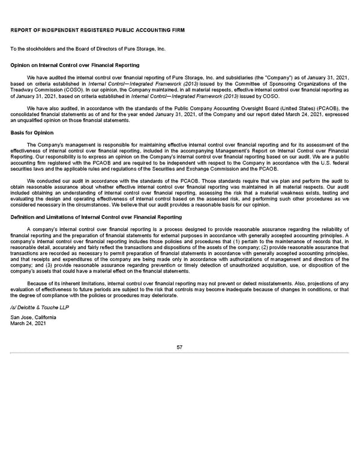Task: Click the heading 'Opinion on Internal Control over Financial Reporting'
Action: click(x=75, y=65)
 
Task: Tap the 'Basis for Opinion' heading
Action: click(x=32, y=132)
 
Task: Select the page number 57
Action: click(x=179, y=346)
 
